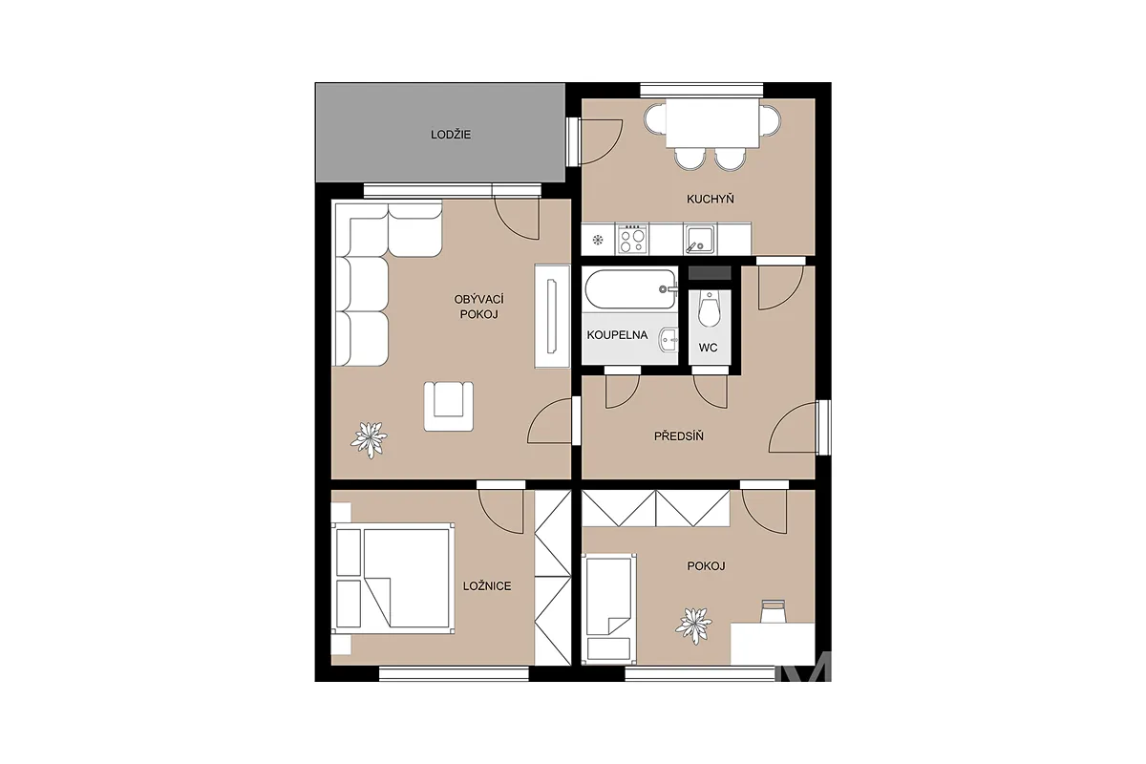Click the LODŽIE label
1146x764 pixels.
[450, 135]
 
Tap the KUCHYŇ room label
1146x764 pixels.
[711, 199]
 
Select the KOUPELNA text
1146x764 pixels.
[617, 335]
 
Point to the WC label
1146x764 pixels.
[708, 348]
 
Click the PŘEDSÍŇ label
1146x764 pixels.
[678, 436]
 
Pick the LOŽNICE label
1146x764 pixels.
[486, 586]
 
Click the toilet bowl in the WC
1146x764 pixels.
[709, 309]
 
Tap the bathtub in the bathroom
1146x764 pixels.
[631, 289]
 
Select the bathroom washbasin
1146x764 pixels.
[668, 339]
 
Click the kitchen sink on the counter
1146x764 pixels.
[700, 239]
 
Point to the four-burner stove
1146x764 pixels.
[632, 239]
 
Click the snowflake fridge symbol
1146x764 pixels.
[598, 240]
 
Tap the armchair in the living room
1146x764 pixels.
[448, 406]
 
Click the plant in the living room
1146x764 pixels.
[369, 439]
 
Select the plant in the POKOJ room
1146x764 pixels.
[693, 626]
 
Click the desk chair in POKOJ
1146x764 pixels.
[773, 611]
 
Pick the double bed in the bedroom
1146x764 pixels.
[393, 578]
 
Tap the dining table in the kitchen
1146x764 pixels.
[712, 123]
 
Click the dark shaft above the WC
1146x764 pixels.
[709, 273]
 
